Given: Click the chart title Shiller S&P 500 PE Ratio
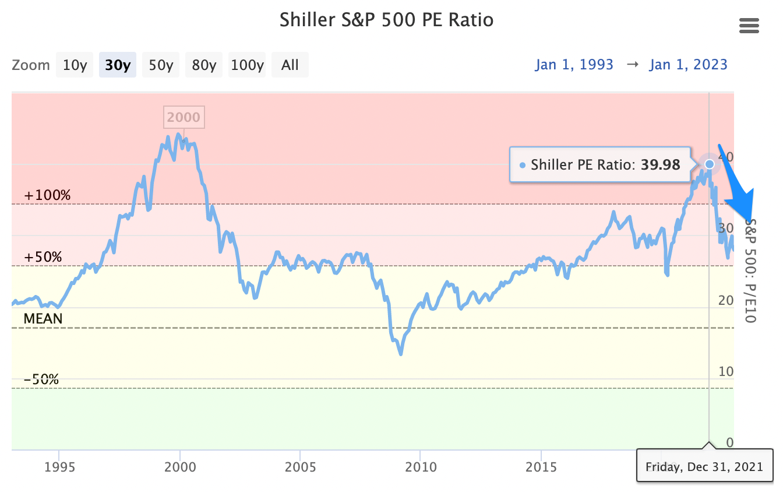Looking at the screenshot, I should [386, 20].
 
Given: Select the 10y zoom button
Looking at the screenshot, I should [75, 65].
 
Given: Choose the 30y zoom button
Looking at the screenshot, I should [118, 65].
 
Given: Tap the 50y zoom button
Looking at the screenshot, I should [161, 65].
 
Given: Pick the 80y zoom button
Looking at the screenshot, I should [204, 65].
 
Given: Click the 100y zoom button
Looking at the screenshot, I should [247, 65].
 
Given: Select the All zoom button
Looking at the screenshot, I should [290, 65].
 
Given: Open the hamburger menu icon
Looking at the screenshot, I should [749, 26].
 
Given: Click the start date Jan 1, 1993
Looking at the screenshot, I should [574, 64].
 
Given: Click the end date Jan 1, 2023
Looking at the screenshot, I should [688, 64].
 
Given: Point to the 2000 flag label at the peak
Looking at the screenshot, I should [183, 118].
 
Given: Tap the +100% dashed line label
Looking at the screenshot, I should [47, 195].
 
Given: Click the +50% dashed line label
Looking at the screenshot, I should [43, 257].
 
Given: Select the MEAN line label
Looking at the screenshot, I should [43, 318].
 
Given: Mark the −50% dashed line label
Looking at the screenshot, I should [41, 379].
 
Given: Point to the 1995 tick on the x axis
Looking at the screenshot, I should [59, 468].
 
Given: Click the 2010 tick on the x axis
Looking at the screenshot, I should [421, 468].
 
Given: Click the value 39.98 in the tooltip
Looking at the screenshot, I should [661, 165].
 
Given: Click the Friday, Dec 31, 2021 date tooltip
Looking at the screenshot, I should [704, 466].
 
